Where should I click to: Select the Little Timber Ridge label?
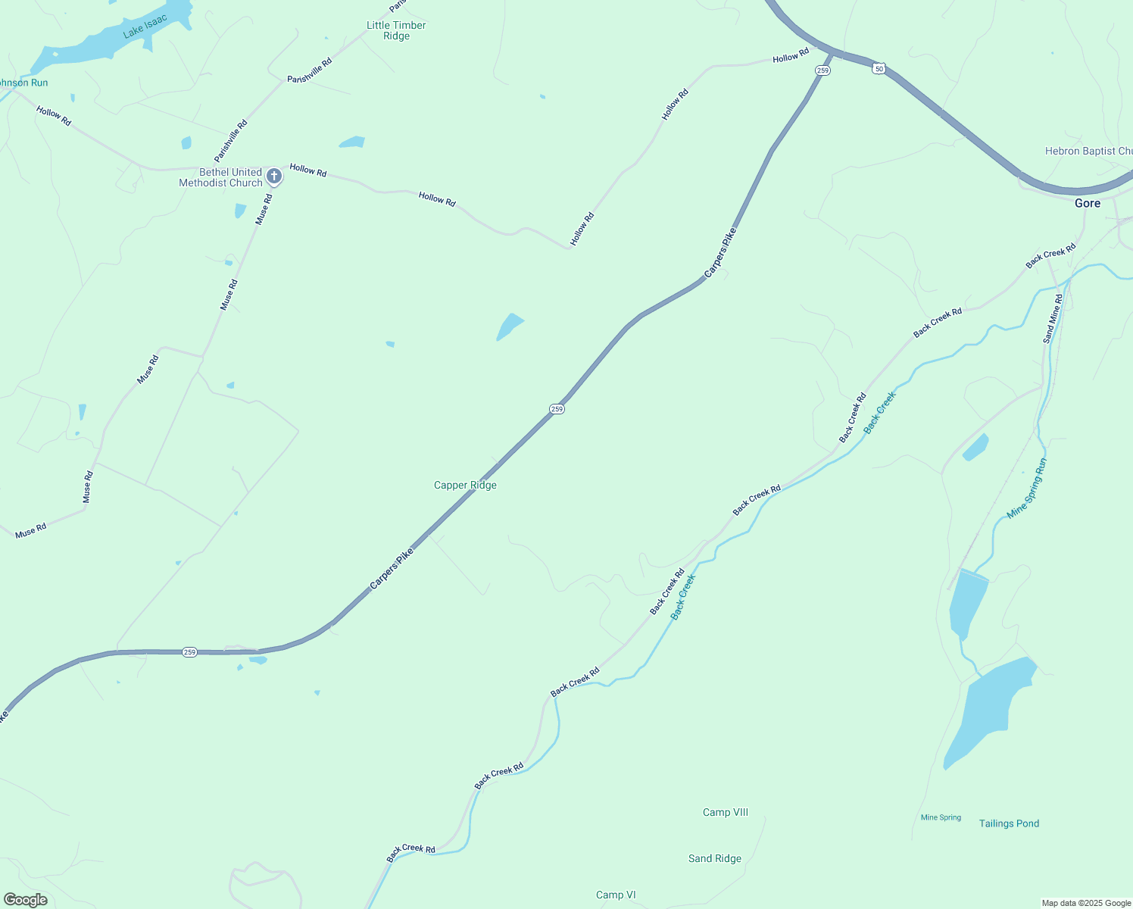tap(396, 30)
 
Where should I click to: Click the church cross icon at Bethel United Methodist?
tap(274, 176)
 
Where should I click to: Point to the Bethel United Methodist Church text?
tap(220, 177)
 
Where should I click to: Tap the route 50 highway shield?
tap(878, 68)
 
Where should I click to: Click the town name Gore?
tap(1087, 203)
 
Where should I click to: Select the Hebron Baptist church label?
tap(1088, 151)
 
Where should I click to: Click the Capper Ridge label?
tap(465, 485)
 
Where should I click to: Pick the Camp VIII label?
tap(725, 812)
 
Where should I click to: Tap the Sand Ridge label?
tap(714, 858)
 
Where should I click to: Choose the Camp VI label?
tap(615, 895)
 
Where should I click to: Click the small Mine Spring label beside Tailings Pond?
tap(941, 817)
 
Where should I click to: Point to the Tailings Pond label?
tap(1009, 823)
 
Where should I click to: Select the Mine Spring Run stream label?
tap(1027, 489)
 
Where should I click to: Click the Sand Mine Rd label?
tap(1053, 318)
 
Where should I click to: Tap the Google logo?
tap(26, 900)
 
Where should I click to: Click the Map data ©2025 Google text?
tap(1086, 903)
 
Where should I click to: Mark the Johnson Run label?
tap(23, 83)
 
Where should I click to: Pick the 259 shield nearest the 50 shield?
tap(822, 70)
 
